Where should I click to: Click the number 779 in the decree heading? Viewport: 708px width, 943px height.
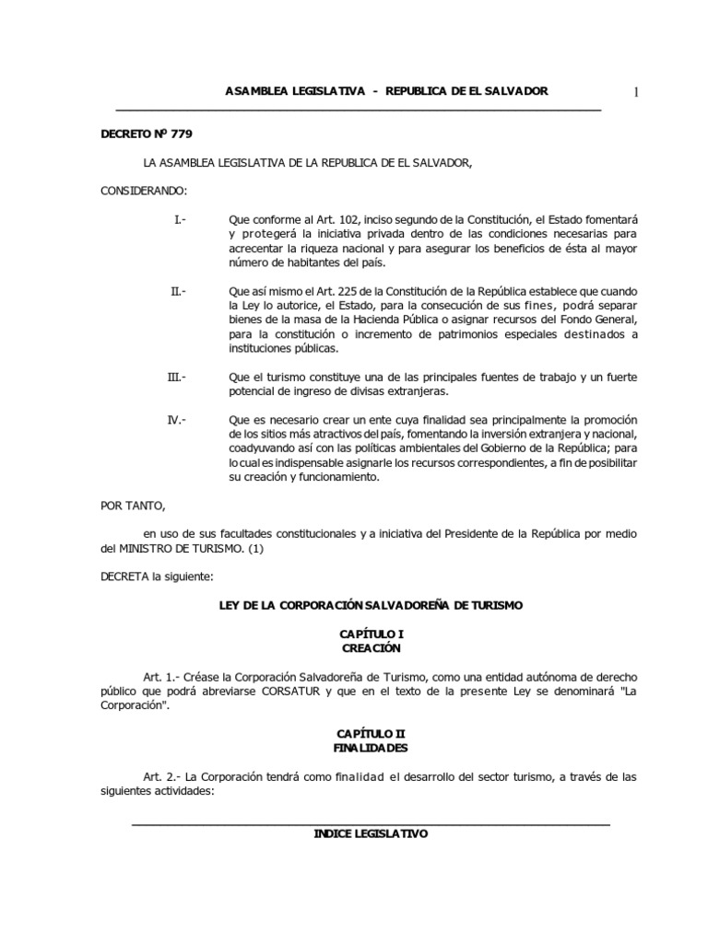pos(181,134)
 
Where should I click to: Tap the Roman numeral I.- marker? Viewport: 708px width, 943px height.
pos(180,220)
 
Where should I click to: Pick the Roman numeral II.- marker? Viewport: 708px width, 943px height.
pos(178,291)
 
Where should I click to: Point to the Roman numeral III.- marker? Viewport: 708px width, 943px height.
pos(177,377)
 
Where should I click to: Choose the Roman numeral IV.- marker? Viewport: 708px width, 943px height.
pos(177,420)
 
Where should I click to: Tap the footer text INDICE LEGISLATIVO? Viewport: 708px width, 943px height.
pos(372,833)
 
